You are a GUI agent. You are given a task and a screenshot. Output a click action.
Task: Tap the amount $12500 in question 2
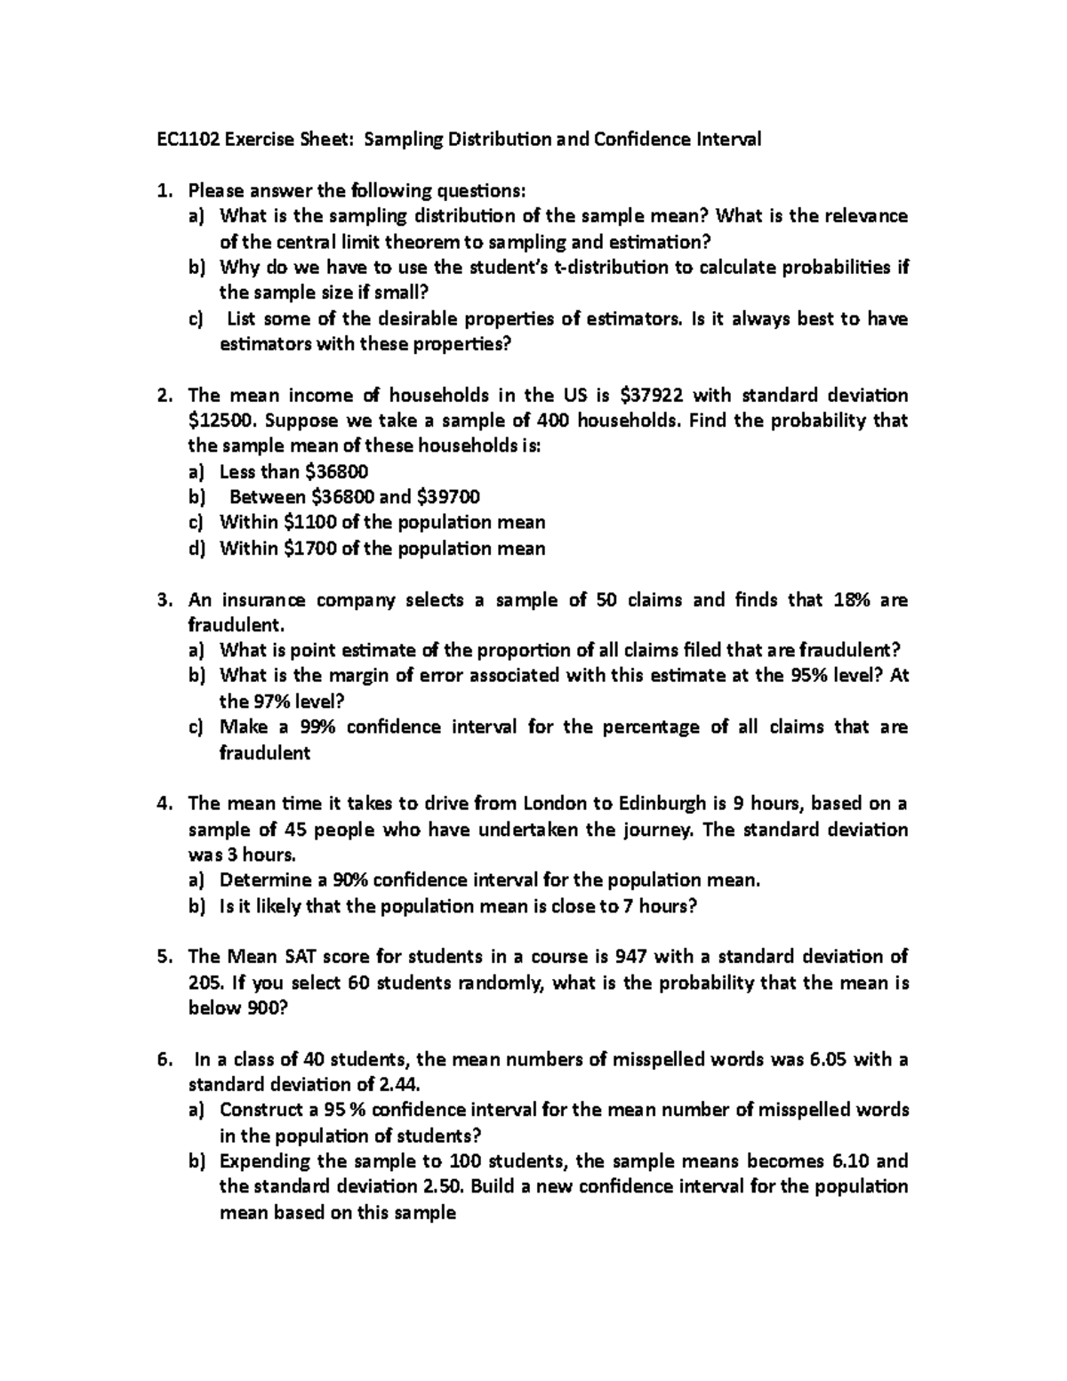coord(221,421)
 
